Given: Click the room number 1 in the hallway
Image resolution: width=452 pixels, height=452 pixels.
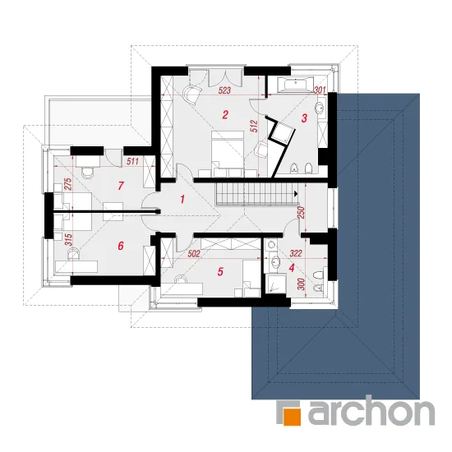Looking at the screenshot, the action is (x=182, y=199).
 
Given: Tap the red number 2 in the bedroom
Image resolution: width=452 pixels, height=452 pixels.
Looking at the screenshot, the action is (x=225, y=115).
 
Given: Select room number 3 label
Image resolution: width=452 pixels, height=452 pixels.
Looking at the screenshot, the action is (x=304, y=118).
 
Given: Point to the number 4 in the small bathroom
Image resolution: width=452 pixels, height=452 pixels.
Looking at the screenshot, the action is (x=292, y=268).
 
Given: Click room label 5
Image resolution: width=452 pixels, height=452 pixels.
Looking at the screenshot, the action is (x=220, y=271).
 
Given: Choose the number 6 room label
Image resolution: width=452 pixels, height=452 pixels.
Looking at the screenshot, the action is (x=121, y=246).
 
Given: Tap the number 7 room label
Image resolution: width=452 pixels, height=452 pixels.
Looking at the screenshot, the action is (x=121, y=186).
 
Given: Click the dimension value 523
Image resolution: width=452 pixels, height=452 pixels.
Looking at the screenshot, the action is (x=224, y=90).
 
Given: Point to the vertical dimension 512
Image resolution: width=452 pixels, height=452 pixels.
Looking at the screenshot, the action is (x=255, y=126).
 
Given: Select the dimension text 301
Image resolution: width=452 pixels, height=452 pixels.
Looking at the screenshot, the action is (x=320, y=90).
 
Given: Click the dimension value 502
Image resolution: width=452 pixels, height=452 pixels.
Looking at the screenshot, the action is (x=194, y=254).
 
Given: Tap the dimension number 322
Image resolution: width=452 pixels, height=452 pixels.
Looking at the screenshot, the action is (x=296, y=253).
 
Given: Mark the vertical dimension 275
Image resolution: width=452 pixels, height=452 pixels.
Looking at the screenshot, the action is (x=67, y=184).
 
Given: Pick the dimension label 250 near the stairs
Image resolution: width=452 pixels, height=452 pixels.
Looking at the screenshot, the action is (x=302, y=213).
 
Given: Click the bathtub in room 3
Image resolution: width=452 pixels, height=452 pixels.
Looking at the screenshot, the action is (x=295, y=85).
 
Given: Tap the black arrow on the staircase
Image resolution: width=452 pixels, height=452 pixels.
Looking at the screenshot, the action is (x=296, y=193).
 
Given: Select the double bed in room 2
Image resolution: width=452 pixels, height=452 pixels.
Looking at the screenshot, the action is (x=228, y=154).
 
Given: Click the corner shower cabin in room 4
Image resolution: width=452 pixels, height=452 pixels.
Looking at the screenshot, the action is (x=275, y=284).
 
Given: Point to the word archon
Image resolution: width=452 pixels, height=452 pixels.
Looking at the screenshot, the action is (x=371, y=410).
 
